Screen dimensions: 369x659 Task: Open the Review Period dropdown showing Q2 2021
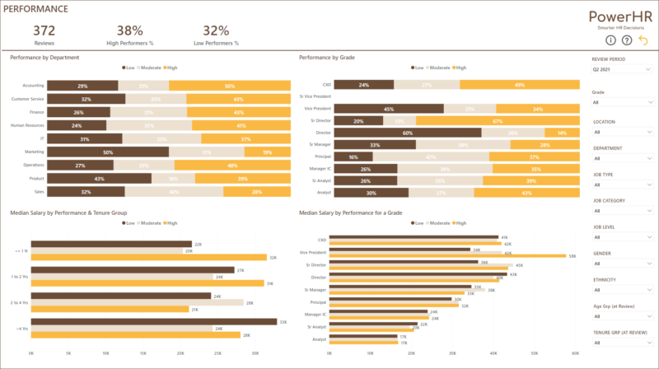tap(622, 71)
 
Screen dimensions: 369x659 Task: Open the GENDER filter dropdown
tap(622, 265)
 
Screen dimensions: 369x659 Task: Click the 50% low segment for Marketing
tap(108, 152)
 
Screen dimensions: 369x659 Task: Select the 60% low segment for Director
tap(408, 132)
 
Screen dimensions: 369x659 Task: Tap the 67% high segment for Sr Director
tap(498, 120)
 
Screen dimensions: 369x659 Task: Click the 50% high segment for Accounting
tap(230, 86)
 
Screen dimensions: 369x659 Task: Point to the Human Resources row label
tap(27, 125)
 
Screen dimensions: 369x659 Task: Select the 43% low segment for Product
tap(99, 178)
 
